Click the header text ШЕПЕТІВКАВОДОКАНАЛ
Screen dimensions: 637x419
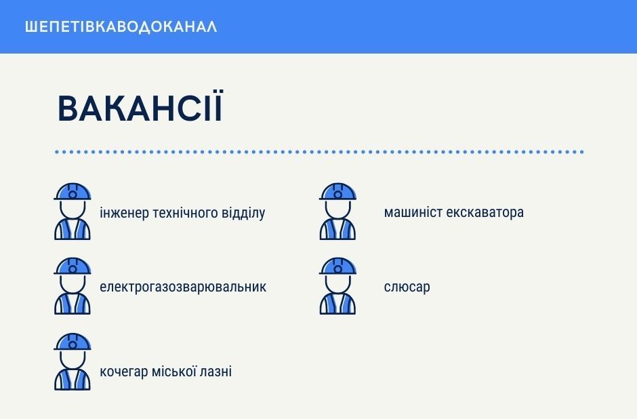click(121, 27)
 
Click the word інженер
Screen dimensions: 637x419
click(124, 213)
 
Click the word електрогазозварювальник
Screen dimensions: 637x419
click(183, 287)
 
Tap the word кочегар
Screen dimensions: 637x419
click(124, 372)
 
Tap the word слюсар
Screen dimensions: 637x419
click(407, 287)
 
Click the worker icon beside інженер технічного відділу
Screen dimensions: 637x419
click(73, 212)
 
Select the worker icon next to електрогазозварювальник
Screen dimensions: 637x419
click(73, 286)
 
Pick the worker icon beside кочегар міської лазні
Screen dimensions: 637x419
click(73, 361)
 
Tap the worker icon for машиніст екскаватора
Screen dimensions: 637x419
click(337, 212)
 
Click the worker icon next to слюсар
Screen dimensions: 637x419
click(337, 286)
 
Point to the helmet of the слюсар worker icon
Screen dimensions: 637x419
click(337, 266)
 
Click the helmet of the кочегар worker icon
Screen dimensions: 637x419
click(73, 342)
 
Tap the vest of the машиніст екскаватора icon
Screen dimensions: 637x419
click(337, 230)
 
